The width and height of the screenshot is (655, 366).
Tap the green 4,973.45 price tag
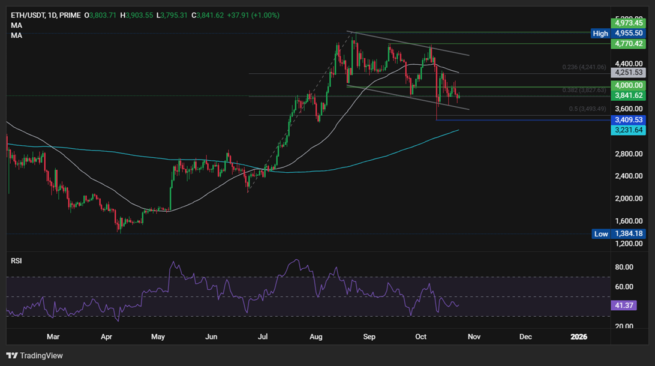627,23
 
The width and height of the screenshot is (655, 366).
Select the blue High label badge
600,34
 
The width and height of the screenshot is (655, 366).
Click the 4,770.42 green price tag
627,44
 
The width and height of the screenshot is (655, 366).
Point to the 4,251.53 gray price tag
627,72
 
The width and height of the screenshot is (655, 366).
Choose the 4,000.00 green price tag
627,85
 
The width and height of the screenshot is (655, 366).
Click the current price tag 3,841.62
627,95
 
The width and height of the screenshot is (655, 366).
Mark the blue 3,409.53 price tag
627,120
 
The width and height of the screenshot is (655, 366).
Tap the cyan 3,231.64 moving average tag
627,130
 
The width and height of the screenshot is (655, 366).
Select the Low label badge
601,234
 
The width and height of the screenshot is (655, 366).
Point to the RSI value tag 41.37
622,305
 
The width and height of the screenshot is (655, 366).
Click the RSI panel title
16,261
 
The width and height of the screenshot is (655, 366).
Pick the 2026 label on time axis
579,337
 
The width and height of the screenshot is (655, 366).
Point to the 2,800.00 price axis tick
628,154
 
